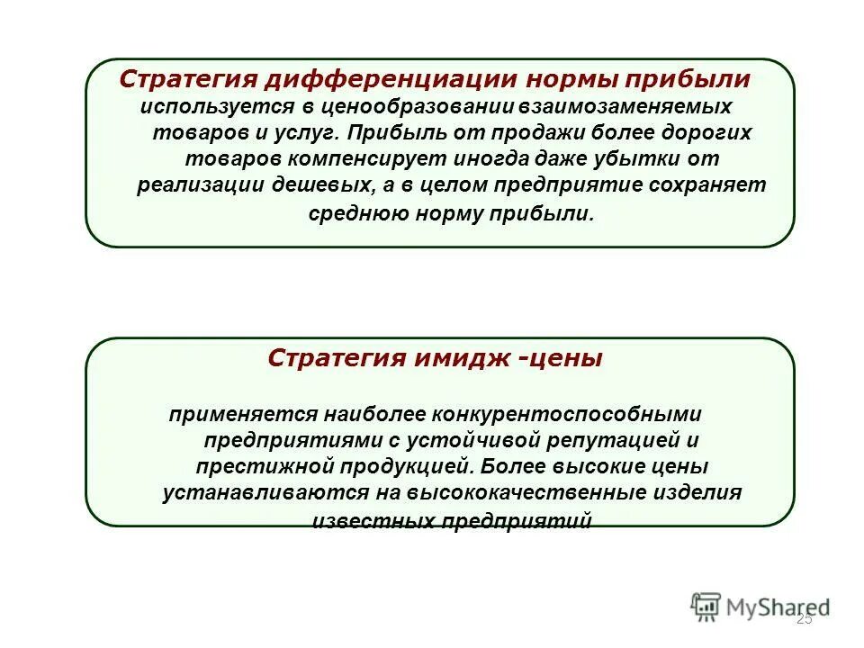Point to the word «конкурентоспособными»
(x=566, y=414)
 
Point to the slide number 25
(x=805, y=618)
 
